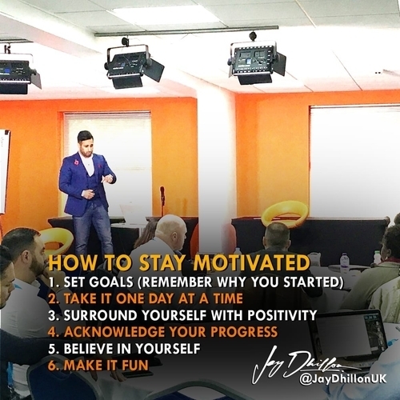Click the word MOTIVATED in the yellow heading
251,262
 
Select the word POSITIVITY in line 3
282,314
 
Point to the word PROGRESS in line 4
244,331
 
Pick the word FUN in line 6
135,365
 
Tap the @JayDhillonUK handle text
342,379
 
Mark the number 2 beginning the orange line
53,298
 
